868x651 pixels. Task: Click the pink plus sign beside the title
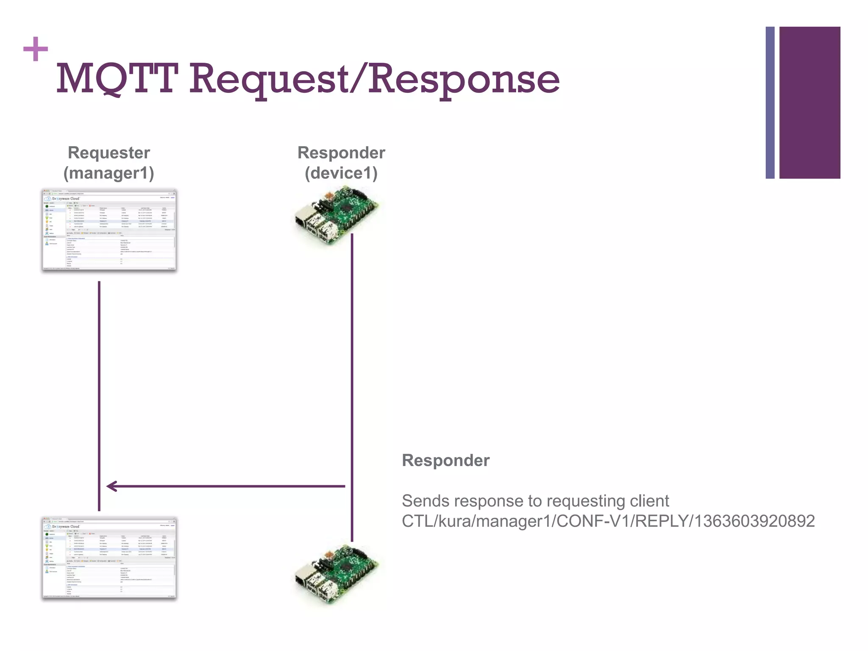[x=36, y=49]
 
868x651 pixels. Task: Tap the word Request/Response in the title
[x=374, y=79]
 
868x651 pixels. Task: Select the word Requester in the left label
[x=109, y=153]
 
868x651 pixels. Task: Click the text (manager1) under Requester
[x=108, y=173]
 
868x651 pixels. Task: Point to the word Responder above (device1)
[x=341, y=153]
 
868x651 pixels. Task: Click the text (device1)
[x=341, y=173]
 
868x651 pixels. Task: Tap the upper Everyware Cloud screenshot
[x=109, y=230]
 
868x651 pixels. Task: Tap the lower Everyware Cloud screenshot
[x=109, y=558]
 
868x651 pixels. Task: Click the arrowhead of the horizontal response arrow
[x=111, y=486]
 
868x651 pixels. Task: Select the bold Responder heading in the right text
[x=445, y=460]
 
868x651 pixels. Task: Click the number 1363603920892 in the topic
[x=754, y=521]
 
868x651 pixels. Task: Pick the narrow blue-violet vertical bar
[x=770, y=103]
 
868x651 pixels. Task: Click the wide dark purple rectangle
[x=810, y=103]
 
